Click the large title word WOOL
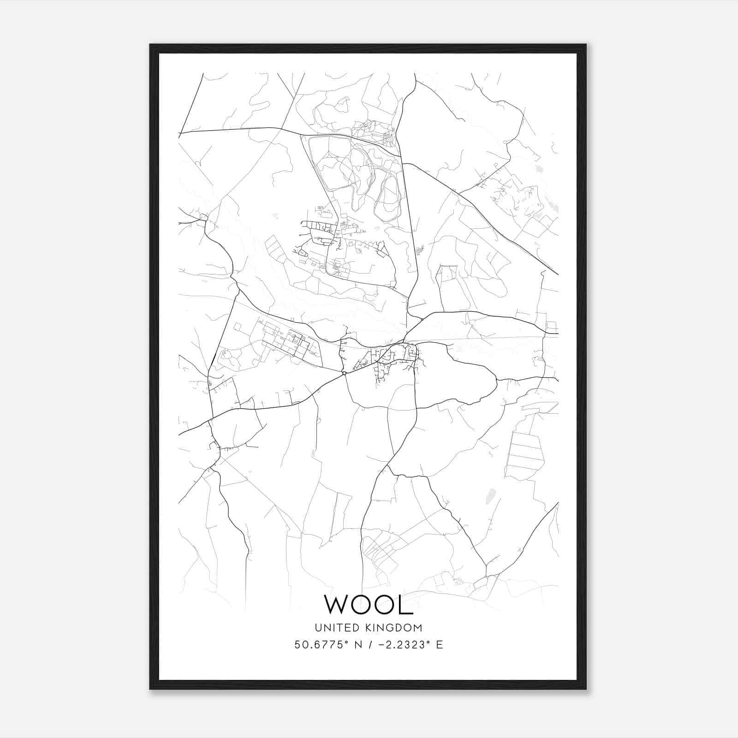tap(369, 604)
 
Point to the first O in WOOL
tap(364, 604)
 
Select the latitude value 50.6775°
tap(322, 645)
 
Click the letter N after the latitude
tap(357, 645)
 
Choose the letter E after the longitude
tap(439, 645)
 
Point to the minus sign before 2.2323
tap(382, 645)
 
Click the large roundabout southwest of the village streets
tap(344, 373)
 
